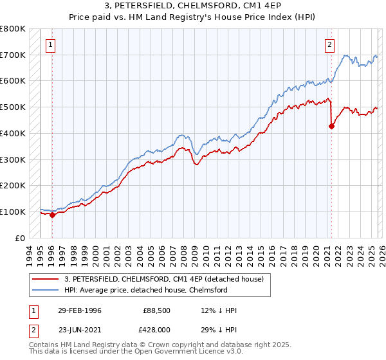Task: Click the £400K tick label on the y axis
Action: [x=13, y=133]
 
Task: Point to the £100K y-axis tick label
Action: [x=13, y=212]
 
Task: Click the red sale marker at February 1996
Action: [x=53, y=215]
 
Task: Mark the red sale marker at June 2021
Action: [x=331, y=127]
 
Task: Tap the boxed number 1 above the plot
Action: [x=51, y=45]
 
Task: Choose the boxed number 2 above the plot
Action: [x=329, y=45]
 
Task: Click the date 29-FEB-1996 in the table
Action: [x=79, y=310]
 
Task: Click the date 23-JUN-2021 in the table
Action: [x=79, y=330]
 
